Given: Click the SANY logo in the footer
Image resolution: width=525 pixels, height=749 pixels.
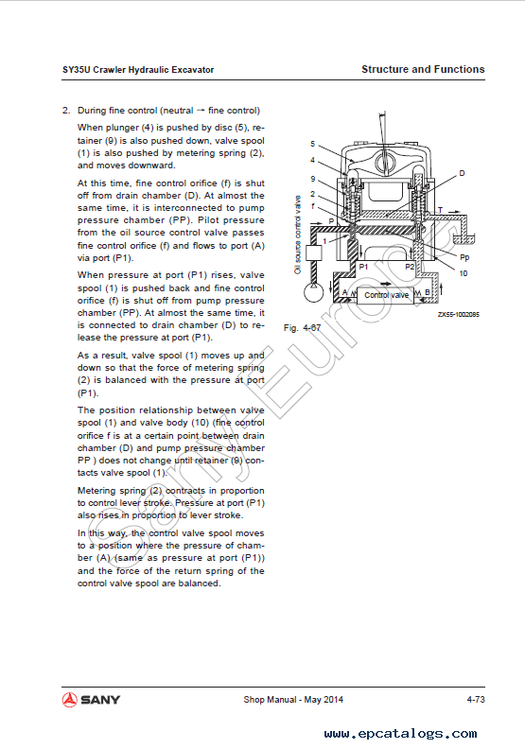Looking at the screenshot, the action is (x=91, y=700).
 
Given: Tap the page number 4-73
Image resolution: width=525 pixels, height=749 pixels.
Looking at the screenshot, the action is (x=476, y=699).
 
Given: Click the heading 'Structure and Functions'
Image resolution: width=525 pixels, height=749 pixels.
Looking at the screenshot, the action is (x=423, y=69).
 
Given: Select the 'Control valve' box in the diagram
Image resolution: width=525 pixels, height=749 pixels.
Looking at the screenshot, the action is (x=386, y=295).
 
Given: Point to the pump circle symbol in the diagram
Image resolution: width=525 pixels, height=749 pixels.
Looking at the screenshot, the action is (x=313, y=292).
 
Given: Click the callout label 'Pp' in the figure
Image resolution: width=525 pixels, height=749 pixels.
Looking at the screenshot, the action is (x=464, y=257).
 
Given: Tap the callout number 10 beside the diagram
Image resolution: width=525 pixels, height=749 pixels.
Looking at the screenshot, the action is (x=464, y=273).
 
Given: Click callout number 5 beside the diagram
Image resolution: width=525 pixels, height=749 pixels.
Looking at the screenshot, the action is (x=312, y=144).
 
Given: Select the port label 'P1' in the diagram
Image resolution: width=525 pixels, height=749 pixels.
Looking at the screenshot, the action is (x=363, y=267).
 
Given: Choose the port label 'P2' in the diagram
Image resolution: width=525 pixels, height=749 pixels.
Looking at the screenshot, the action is (x=410, y=267).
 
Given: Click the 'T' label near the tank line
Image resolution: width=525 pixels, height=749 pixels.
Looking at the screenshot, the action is (x=440, y=210).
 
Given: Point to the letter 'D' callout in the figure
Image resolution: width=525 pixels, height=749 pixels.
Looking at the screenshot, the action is (x=462, y=173).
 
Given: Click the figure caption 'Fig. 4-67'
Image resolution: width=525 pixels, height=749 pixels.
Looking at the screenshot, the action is (x=303, y=328).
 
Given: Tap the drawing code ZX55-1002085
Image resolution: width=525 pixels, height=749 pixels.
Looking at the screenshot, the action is (x=459, y=314).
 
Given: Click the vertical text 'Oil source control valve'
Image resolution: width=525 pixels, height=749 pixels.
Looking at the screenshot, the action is (x=298, y=235).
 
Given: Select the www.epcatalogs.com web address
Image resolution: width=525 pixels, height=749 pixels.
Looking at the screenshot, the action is (x=400, y=733).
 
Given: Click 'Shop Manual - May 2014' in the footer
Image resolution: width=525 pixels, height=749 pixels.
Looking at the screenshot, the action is (x=293, y=699).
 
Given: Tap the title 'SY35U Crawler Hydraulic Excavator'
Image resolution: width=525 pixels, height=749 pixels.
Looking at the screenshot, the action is (x=138, y=70).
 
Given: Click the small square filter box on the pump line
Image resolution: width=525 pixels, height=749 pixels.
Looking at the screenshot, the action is (x=314, y=253).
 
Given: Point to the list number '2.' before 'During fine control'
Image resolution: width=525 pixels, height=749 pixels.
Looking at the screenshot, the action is (x=66, y=111).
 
